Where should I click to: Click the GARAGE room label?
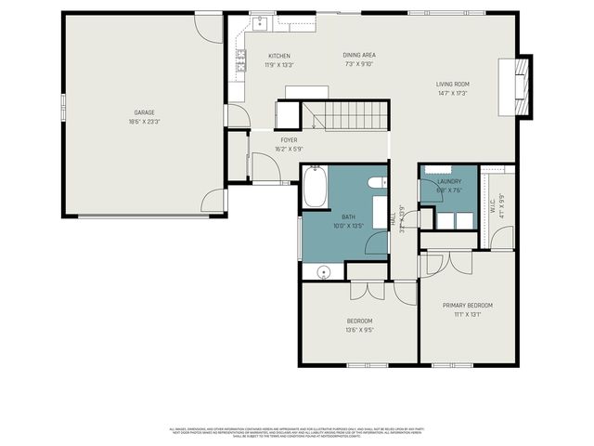143,112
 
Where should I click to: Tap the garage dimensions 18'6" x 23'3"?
143,122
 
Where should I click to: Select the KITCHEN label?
279,56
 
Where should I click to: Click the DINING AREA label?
358,56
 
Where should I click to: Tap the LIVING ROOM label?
453,85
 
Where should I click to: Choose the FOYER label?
289,139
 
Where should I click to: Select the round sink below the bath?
323,272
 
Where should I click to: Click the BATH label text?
348,216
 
